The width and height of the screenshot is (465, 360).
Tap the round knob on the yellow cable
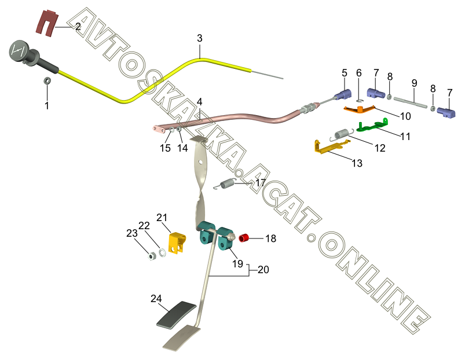click(x=18, y=50)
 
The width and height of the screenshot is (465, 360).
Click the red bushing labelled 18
click(x=244, y=237)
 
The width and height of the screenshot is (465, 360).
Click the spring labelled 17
click(x=227, y=185)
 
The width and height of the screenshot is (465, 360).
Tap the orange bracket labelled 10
click(x=360, y=108)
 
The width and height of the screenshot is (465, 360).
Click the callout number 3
click(x=200, y=39)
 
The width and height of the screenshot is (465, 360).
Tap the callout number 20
click(x=263, y=270)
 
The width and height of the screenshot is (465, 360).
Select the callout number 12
click(x=380, y=148)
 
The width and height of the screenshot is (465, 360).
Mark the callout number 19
click(x=237, y=265)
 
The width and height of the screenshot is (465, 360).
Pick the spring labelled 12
click(x=343, y=134)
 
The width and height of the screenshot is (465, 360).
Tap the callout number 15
click(x=166, y=148)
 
